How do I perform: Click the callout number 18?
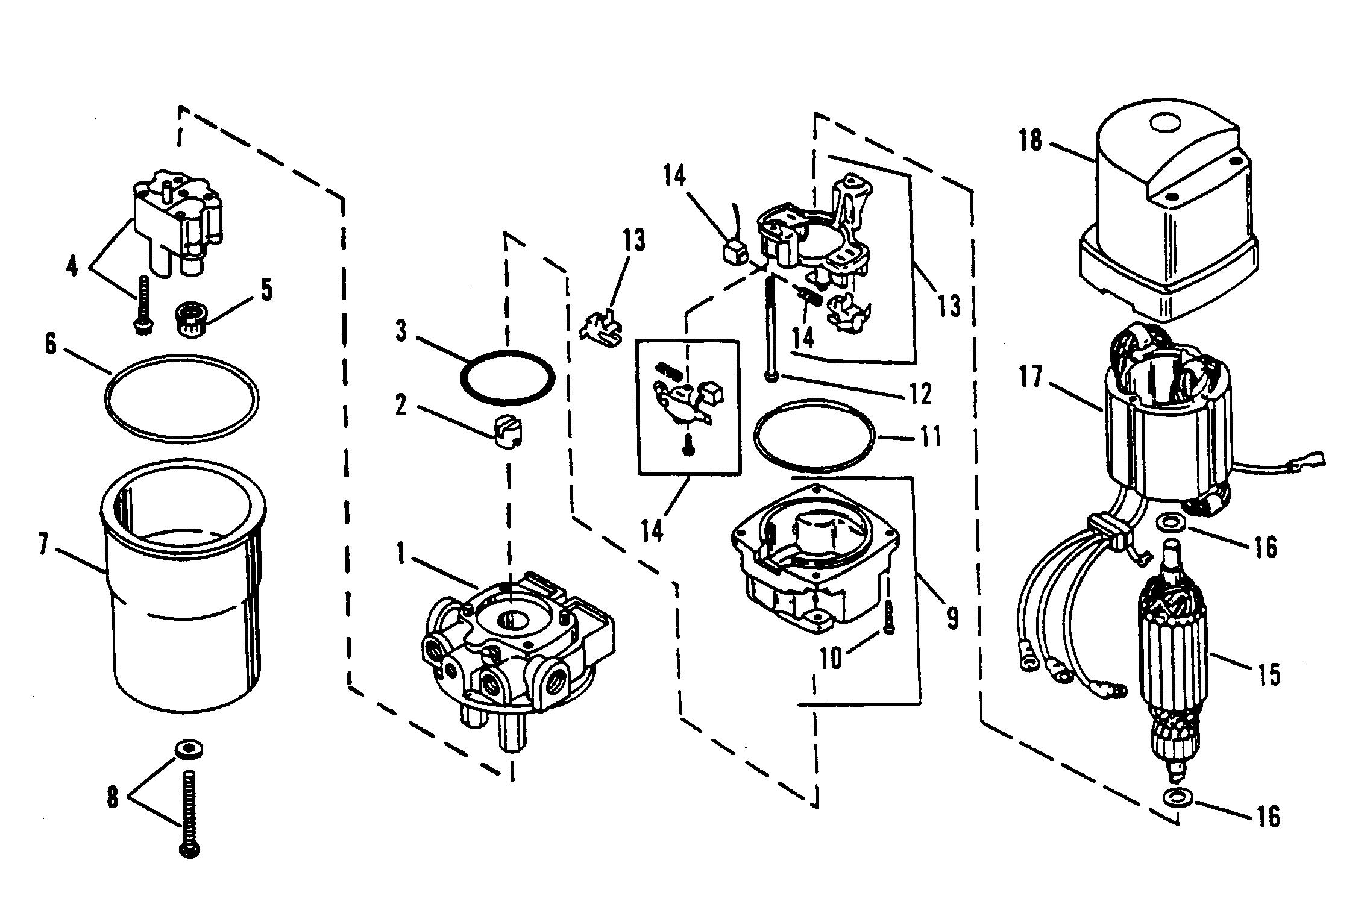coord(1030,142)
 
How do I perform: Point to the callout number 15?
coord(1269,675)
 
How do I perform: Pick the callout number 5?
coord(266,290)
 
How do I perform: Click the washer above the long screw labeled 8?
coord(188,750)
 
